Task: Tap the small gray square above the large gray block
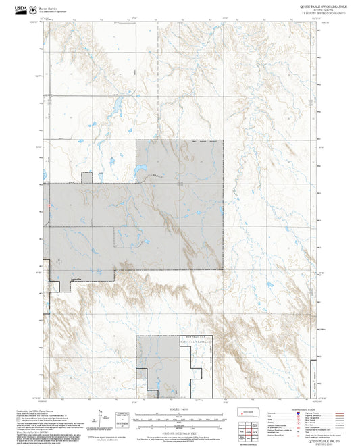tap(86, 178)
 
